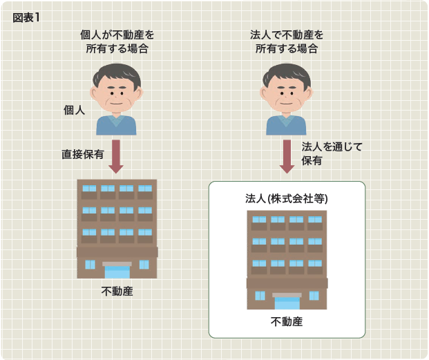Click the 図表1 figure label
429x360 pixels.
[26, 18]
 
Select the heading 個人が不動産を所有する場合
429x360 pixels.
[117, 42]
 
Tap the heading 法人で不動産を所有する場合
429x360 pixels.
[287, 42]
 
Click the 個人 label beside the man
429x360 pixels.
[74, 111]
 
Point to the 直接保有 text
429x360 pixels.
[83, 155]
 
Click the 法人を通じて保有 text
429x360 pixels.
[332, 153]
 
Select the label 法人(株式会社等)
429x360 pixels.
[287, 199]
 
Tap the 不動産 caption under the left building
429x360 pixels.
[117, 292]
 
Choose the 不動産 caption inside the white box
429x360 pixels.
[287, 322]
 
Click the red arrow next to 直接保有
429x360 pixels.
[116, 156]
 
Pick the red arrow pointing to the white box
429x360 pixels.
[287, 156]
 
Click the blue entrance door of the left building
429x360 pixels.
[117, 272]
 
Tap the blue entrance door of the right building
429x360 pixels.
[287, 303]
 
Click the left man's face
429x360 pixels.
[117, 95]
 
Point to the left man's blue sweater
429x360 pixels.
[116, 125]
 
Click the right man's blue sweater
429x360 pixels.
[286, 125]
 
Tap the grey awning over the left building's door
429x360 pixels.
[117, 264]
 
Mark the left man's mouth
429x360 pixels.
[117, 104]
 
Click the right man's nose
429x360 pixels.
[286, 96]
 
